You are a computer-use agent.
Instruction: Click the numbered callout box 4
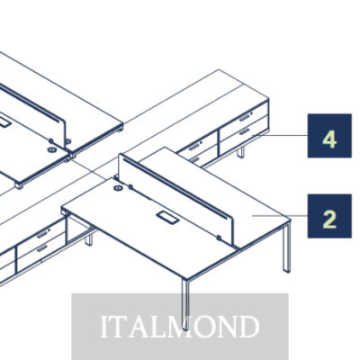(x=329, y=136)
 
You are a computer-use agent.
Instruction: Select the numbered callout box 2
(x=329, y=216)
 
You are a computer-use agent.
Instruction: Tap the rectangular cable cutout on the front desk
(x=167, y=218)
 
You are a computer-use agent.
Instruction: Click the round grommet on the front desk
(x=119, y=188)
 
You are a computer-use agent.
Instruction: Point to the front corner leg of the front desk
(x=186, y=304)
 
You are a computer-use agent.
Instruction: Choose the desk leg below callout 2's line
(x=286, y=247)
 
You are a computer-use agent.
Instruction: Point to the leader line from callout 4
(x=280, y=136)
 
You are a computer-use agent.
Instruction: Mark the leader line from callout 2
(x=280, y=215)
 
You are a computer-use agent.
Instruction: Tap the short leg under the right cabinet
(x=240, y=152)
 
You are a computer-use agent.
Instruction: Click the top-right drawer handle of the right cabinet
(x=245, y=117)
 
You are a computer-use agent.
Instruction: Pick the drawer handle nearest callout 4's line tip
(x=245, y=131)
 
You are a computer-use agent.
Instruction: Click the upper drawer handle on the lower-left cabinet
(x=42, y=234)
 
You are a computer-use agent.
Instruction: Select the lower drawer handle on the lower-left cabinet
(x=42, y=248)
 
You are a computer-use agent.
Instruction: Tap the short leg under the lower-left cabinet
(x=88, y=240)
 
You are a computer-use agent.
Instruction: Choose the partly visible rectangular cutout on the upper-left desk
(x=5, y=123)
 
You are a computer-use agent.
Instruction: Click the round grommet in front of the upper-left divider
(x=51, y=149)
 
